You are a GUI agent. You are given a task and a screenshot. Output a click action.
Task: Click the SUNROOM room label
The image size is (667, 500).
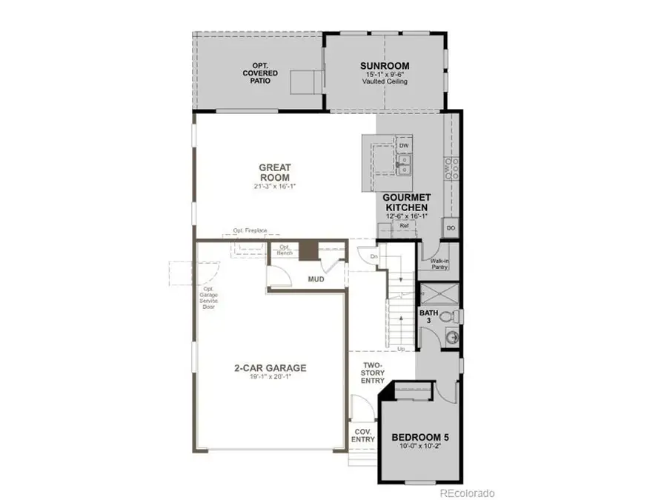[x=385, y=66]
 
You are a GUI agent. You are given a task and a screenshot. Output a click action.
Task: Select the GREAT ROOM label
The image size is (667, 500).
[x=274, y=167]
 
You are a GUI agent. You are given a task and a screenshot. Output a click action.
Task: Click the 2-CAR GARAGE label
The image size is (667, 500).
[x=270, y=367]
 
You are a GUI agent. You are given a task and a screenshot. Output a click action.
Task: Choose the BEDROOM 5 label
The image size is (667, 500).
[x=419, y=438]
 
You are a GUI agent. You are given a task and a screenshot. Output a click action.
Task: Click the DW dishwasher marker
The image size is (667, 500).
[x=404, y=146]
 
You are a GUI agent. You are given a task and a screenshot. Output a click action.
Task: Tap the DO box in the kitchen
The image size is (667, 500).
[x=451, y=228]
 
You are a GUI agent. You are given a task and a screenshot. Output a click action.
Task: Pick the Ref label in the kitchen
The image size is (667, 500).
[x=405, y=225]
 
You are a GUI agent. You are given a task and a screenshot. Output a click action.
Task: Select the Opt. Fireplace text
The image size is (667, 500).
[x=249, y=230]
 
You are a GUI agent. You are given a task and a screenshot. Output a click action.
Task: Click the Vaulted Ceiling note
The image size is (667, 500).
[x=385, y=81]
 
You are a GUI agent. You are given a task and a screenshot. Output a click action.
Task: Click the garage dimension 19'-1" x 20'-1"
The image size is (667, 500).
[x=270, y=378]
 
